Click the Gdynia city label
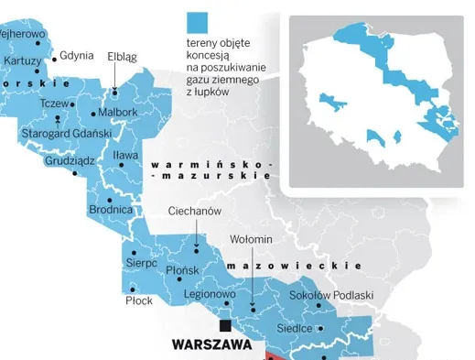pyautogui.click(x=77, y=55)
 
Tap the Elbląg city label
pyautogui.click(x=122, y=57)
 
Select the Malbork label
pyautogui.click(x=117, y=113)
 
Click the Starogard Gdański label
pyautogui.click(x=66, y=134)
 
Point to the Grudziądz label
pyautogui.click(x=70, y=161)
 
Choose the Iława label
pyautogui.click(x=125, y=156)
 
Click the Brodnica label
pyautogui.click(x=111, y=210)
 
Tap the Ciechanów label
pyautogui.click(x=195, y=211)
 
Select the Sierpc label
pyautogui.click(x=141, y=264)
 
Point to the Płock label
pyautogui.click(x=139, y=300)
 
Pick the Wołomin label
pyautogui.click(x=251, y=240)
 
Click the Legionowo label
pyautogui.click(x=210, y=295)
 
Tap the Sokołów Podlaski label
pyautogui.click(x=331, y=295)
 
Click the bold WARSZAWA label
pyautogui.click(x=211, y=346)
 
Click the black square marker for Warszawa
pyautogui.click(x=222, y=325)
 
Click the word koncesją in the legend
pyautogui.click(x=210, y=55)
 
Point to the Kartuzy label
pyautogui.click(x=22, y=60)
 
